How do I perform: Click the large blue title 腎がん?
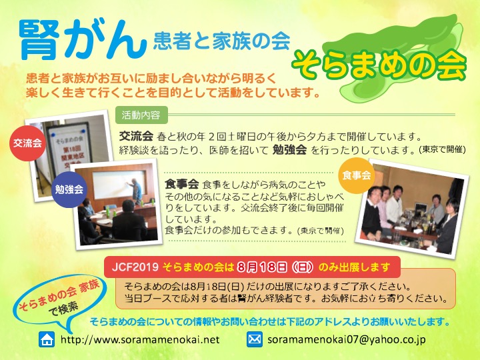click(83, 40)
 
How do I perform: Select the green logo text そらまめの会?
click(379, 65)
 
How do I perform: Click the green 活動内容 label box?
click(141, 115)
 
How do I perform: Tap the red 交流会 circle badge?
click(27, 143)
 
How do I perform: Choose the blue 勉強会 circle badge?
click(69, 189)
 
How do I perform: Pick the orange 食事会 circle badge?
click(356, 175)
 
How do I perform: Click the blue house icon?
click(47, 339)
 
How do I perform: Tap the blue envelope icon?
click(255, 339)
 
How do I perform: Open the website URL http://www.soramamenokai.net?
click(140, 340)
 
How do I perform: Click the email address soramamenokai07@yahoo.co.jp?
click(347, 340)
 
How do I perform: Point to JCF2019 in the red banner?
click(135, 267)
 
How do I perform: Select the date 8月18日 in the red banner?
click(262, 267)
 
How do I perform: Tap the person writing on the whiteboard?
click(135, 191)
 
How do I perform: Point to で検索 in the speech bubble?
click(64, 309)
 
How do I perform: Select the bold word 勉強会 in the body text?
click(289, 150)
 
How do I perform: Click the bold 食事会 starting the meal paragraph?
click(182, 184)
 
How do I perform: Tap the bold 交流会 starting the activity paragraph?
click(136, 135)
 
